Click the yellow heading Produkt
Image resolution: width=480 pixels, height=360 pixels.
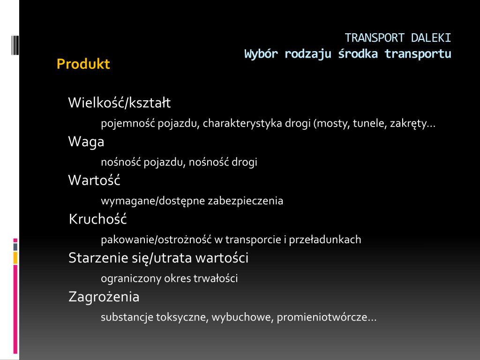(x=83, y=64)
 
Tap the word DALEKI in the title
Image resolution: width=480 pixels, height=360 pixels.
(x=431, y=38)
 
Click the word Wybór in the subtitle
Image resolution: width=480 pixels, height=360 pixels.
(x=261, y=54)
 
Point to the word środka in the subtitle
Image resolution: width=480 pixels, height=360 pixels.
(x=358, y=54)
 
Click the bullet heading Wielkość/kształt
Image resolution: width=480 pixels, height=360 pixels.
(x=120, y=103)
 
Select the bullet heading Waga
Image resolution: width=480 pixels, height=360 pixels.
(x=86, y=142)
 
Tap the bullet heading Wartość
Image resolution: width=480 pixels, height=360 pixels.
(x=94, y=180)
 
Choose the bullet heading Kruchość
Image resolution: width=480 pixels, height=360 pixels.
(x=97, y=219)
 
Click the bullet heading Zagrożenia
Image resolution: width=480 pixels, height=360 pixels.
(x=104, y=297)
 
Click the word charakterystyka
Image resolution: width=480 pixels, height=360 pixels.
(x=242, y=123)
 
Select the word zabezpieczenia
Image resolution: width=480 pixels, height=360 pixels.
(x=246, y=201)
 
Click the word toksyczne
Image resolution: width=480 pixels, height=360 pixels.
(x=182, y=317)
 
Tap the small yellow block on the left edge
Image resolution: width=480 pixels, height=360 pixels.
(x=15, y=258)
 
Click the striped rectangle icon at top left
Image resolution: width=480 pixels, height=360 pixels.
(x=15, y=45)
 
